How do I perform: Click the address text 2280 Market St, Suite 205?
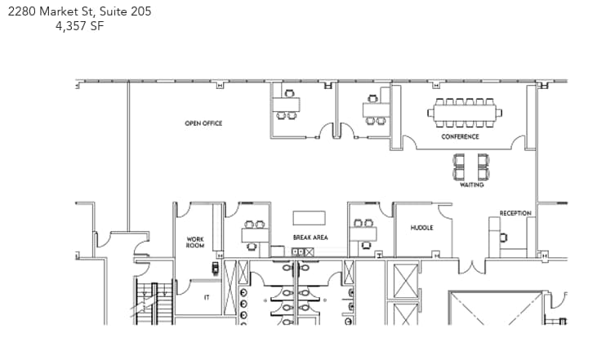click(81, 11)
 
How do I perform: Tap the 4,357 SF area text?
click(81, 25)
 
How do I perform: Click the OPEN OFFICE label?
click(203, 123)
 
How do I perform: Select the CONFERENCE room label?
click(461, 136)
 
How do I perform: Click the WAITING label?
click(472, 185)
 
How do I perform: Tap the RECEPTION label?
click(515, 214)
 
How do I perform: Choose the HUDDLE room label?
click(421, 228)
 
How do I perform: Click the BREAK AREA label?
click(310, 238)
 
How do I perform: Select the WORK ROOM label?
click(195, 242)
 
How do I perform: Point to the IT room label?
click(206, 298)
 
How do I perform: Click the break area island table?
click(310, 218)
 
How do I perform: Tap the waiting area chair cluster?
click(472, 167)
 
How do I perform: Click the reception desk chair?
click(503, 238)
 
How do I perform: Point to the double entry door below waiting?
click(471, 266)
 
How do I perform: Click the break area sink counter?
click(302, 251)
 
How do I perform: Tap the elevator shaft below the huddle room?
click(405, 281)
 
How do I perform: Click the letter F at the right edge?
click(565, 294)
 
